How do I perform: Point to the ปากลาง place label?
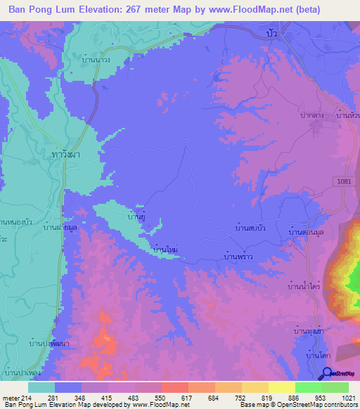[x=310, y=113]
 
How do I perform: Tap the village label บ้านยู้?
[x=137, y=218]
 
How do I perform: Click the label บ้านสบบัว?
[x=250, y=229]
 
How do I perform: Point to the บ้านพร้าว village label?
[x=237, y=258]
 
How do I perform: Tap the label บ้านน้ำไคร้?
[x=304, y=287]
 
